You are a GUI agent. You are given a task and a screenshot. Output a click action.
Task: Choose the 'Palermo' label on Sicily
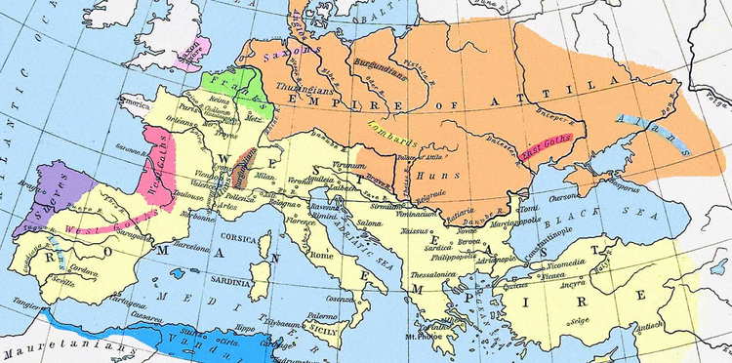point(322,316)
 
